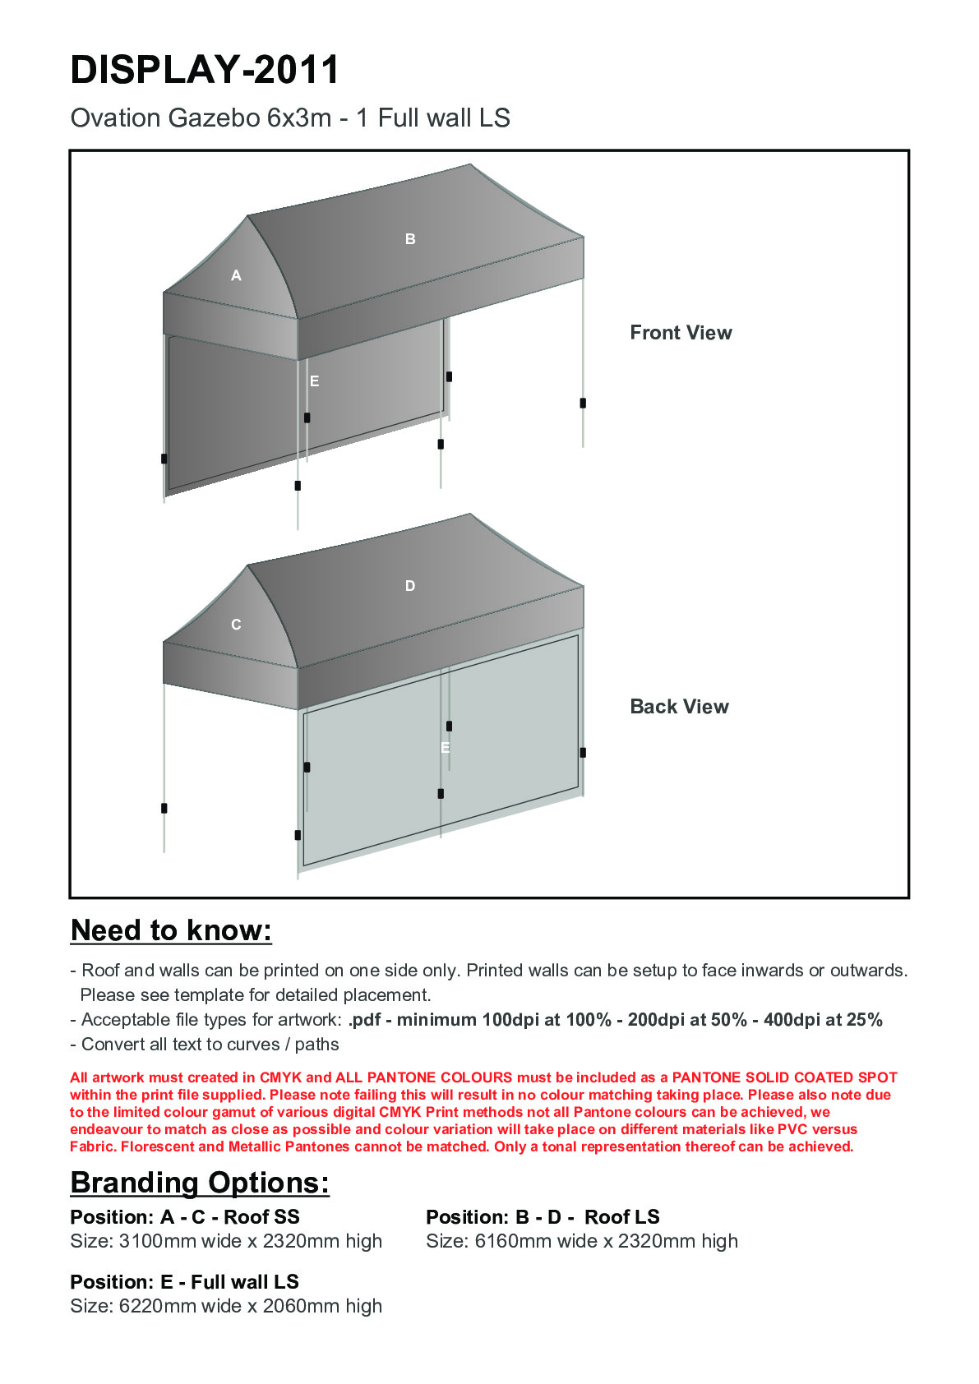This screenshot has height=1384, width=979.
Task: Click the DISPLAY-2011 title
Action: [x=205, y=70]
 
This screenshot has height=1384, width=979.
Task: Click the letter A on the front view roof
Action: [x=236, y=276]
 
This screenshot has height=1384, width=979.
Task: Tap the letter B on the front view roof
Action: [x=410, y=239]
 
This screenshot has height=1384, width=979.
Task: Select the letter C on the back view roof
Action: [x=236, y=625]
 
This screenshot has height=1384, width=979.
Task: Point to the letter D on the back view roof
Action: [x=410, y=586]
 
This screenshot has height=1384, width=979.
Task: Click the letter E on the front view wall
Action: [x=314, y=381]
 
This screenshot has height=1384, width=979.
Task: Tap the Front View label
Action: [x=681, y=333]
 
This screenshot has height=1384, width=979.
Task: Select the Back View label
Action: [x=679, y=707]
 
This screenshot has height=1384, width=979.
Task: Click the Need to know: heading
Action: [x=171, y=930]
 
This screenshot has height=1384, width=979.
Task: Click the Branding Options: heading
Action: [x=200, y=1183]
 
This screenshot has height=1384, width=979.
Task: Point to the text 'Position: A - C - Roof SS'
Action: [x=185, y=1217]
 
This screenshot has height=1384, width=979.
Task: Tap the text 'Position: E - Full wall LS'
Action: [x=185, y=1282]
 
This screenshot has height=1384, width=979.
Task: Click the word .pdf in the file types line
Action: [x=364, y=1020]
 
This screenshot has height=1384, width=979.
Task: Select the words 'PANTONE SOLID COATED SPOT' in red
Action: [x=784, y=1077]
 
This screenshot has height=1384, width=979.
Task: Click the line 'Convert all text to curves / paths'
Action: [x=210, y=1045]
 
